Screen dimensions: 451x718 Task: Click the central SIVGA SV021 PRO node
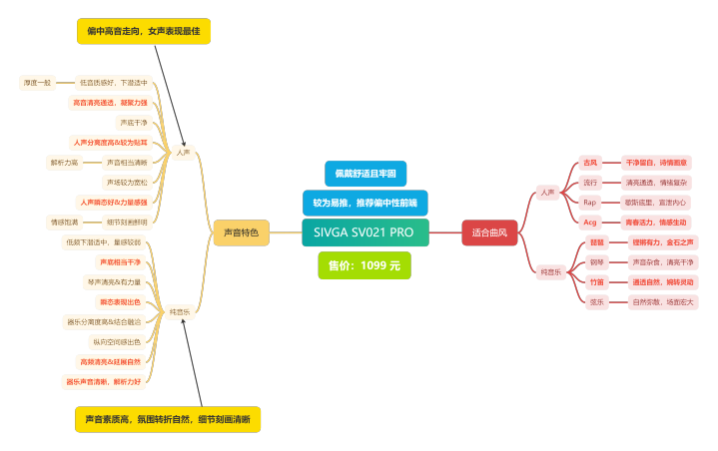[x=364, y=232]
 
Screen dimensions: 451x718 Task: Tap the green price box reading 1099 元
[x=364, y=265]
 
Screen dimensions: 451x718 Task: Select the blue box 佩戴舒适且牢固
[x=365, y=174]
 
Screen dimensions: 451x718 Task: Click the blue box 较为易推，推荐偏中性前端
[x=364, y=203]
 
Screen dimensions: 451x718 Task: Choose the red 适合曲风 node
[x=489, y=232]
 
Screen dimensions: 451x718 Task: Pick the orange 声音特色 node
[x=241, y=232]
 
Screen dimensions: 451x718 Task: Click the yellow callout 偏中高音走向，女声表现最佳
[x=144, y=31]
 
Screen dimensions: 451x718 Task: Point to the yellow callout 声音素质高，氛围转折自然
[x=168, y=419]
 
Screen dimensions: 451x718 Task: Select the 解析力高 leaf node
[x=64, y=162]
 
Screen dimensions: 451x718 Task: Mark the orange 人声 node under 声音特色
[x=183, y=153]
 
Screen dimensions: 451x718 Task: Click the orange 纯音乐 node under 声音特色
[x=180, y=311]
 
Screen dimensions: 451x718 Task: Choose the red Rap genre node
[x=588, y=203]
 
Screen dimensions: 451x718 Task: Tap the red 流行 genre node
[x=589, y=183]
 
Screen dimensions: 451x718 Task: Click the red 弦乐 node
[x=597, y=300]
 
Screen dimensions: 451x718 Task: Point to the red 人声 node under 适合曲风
[x=547, y=193]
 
